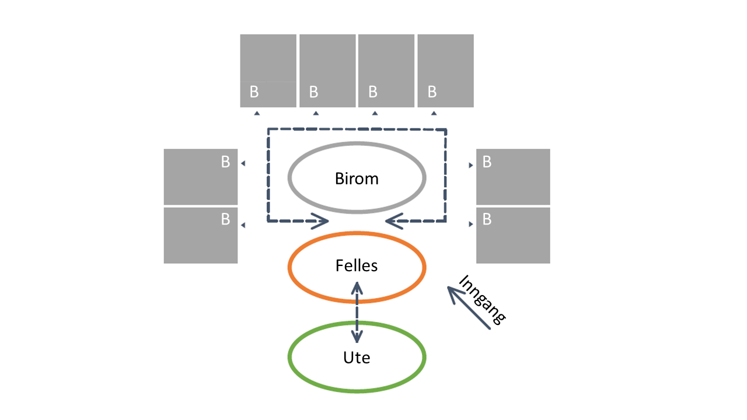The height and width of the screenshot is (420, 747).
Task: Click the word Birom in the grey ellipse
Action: pos(357,178)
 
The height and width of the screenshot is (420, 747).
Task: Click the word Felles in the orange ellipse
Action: pos(357,266)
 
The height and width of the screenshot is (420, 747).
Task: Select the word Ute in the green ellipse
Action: pos(357,357)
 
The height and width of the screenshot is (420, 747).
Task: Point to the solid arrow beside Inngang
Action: pos(470,307)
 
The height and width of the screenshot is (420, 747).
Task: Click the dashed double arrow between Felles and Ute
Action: pos(357,311)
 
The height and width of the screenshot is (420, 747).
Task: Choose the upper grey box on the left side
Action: pos(201,176)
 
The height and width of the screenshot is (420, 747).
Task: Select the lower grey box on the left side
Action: pos(201,235)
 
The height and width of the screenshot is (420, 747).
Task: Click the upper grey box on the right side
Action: pos(513,176)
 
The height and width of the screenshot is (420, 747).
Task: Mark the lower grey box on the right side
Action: pos(513,235)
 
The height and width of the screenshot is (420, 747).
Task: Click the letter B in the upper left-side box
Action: pos(225,162)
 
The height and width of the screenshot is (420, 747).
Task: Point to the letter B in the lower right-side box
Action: pos(487,220)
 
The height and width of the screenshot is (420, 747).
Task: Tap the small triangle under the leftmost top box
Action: pos(257,113)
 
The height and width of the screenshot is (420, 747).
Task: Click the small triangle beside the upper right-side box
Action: pos(471,165)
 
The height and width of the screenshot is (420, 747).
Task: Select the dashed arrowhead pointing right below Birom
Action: pos(320,220)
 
